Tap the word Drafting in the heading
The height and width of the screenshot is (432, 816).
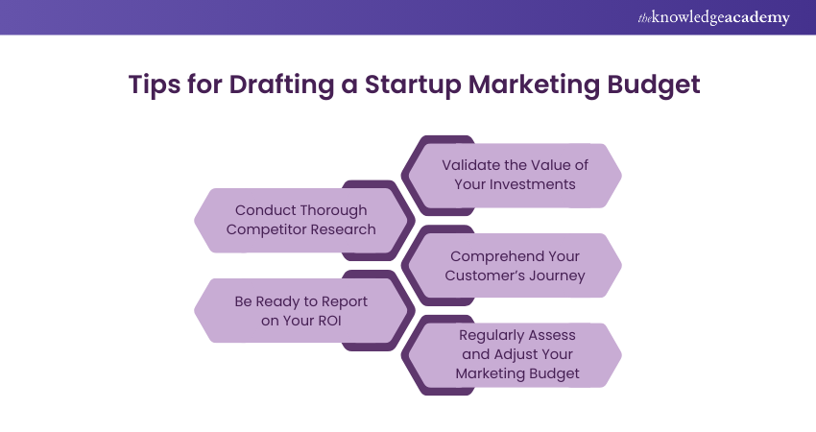(x=268, y=84)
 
